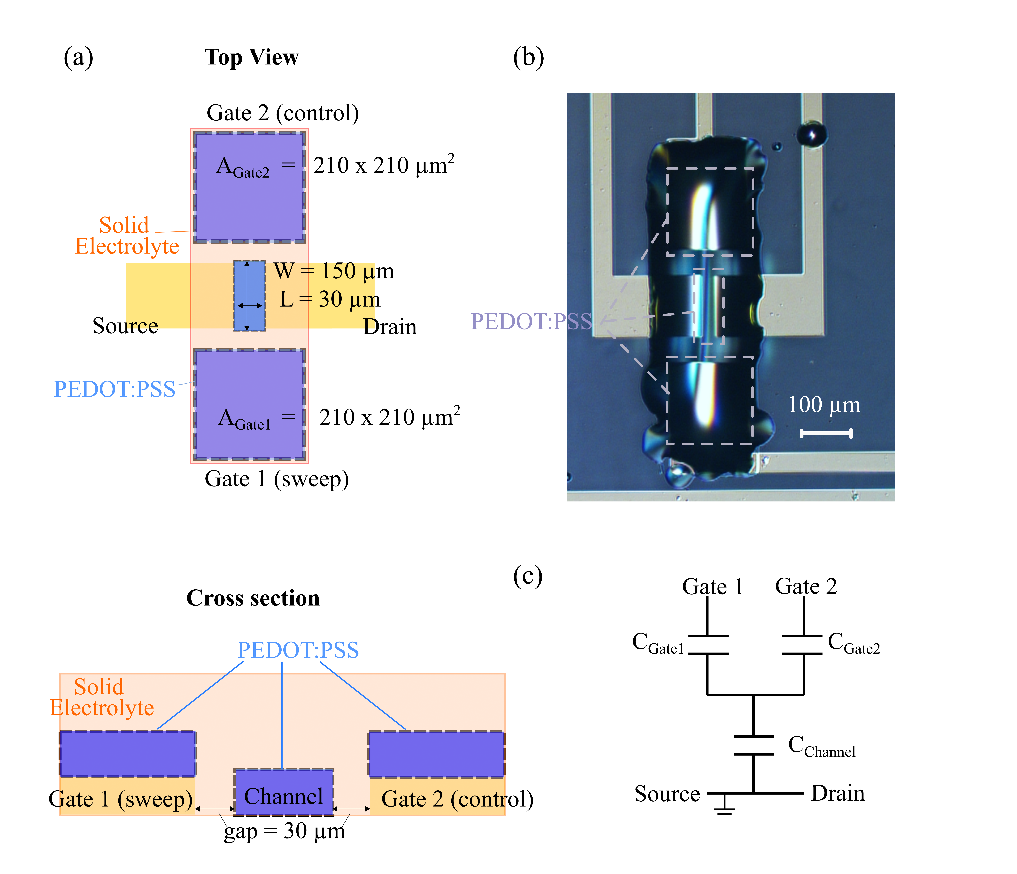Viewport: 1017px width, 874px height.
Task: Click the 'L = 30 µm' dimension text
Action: tap(330, 299)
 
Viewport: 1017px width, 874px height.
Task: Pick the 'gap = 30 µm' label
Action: tap(285, 831)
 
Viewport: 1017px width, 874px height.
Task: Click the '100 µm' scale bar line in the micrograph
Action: tap(826, 433)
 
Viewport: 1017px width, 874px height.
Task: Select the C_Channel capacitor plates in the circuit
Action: tap(753, 745)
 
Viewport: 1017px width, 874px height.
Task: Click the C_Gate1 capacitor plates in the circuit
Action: tap(707, 645)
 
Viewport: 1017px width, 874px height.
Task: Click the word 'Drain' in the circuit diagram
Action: tap(838, 793)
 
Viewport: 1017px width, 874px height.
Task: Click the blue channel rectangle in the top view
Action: tap(249, 296)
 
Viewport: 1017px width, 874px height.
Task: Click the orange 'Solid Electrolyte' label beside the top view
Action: tap(127, 236)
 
